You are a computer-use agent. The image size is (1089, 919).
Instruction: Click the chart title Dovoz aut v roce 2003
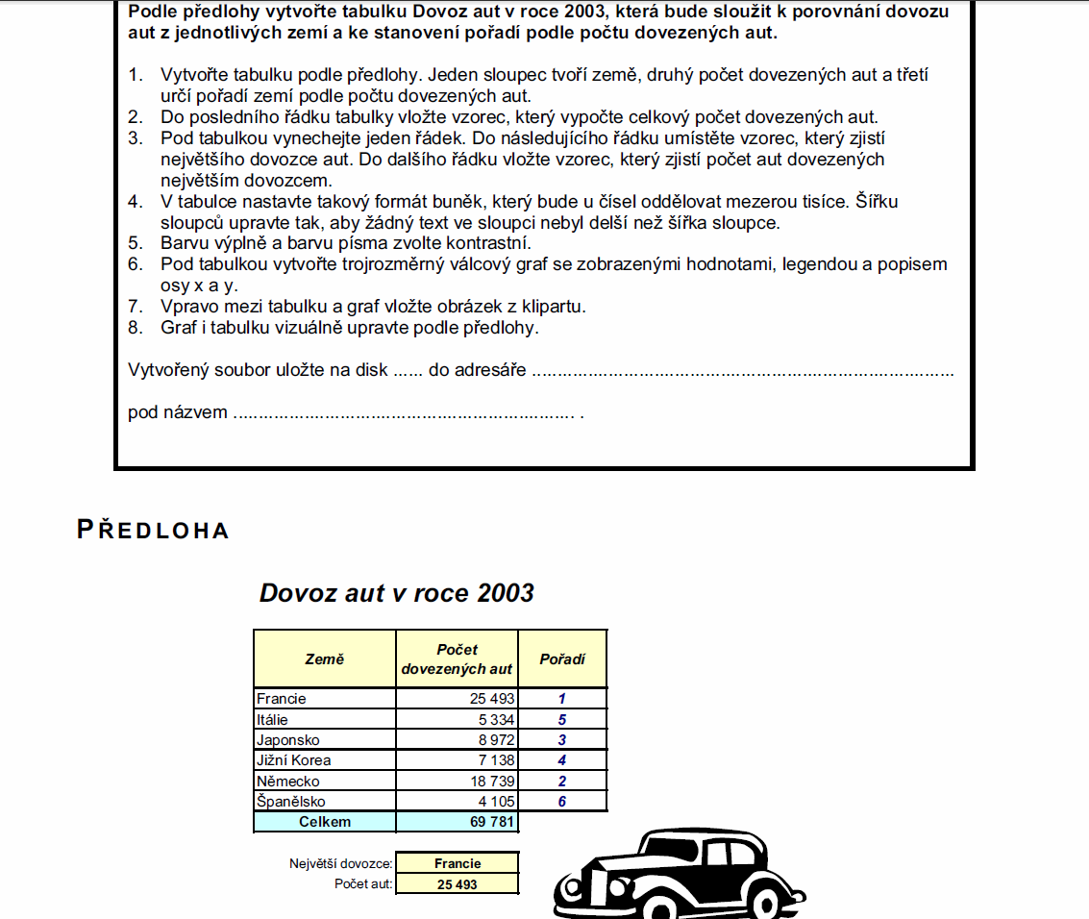click(396, 593)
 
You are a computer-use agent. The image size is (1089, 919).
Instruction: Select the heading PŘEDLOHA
click(153, 530)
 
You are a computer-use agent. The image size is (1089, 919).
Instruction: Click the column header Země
click(325, 659)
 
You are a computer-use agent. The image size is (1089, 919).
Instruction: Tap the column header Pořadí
click(562, 659)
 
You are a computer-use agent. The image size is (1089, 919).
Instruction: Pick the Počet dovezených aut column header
click(457, 659)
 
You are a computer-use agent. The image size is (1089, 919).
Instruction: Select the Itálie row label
click(273, 719)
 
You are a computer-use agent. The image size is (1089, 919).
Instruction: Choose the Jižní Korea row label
click(294, 760)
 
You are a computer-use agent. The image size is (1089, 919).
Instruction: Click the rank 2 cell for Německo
click(562, 782)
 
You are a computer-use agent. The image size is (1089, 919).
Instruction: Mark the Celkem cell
click(325, 822)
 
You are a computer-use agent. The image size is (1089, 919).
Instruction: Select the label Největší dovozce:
click(341, 864)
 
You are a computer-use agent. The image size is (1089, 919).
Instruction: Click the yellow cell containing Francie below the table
click(457, 863)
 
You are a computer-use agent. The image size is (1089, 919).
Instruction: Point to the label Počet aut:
click(363, 884)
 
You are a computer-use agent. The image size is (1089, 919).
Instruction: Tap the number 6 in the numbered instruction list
click(136, 264)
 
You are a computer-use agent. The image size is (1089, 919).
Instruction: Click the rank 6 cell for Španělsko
click(562, 802)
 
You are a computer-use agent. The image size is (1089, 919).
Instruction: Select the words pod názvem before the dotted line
click(178, 413)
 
